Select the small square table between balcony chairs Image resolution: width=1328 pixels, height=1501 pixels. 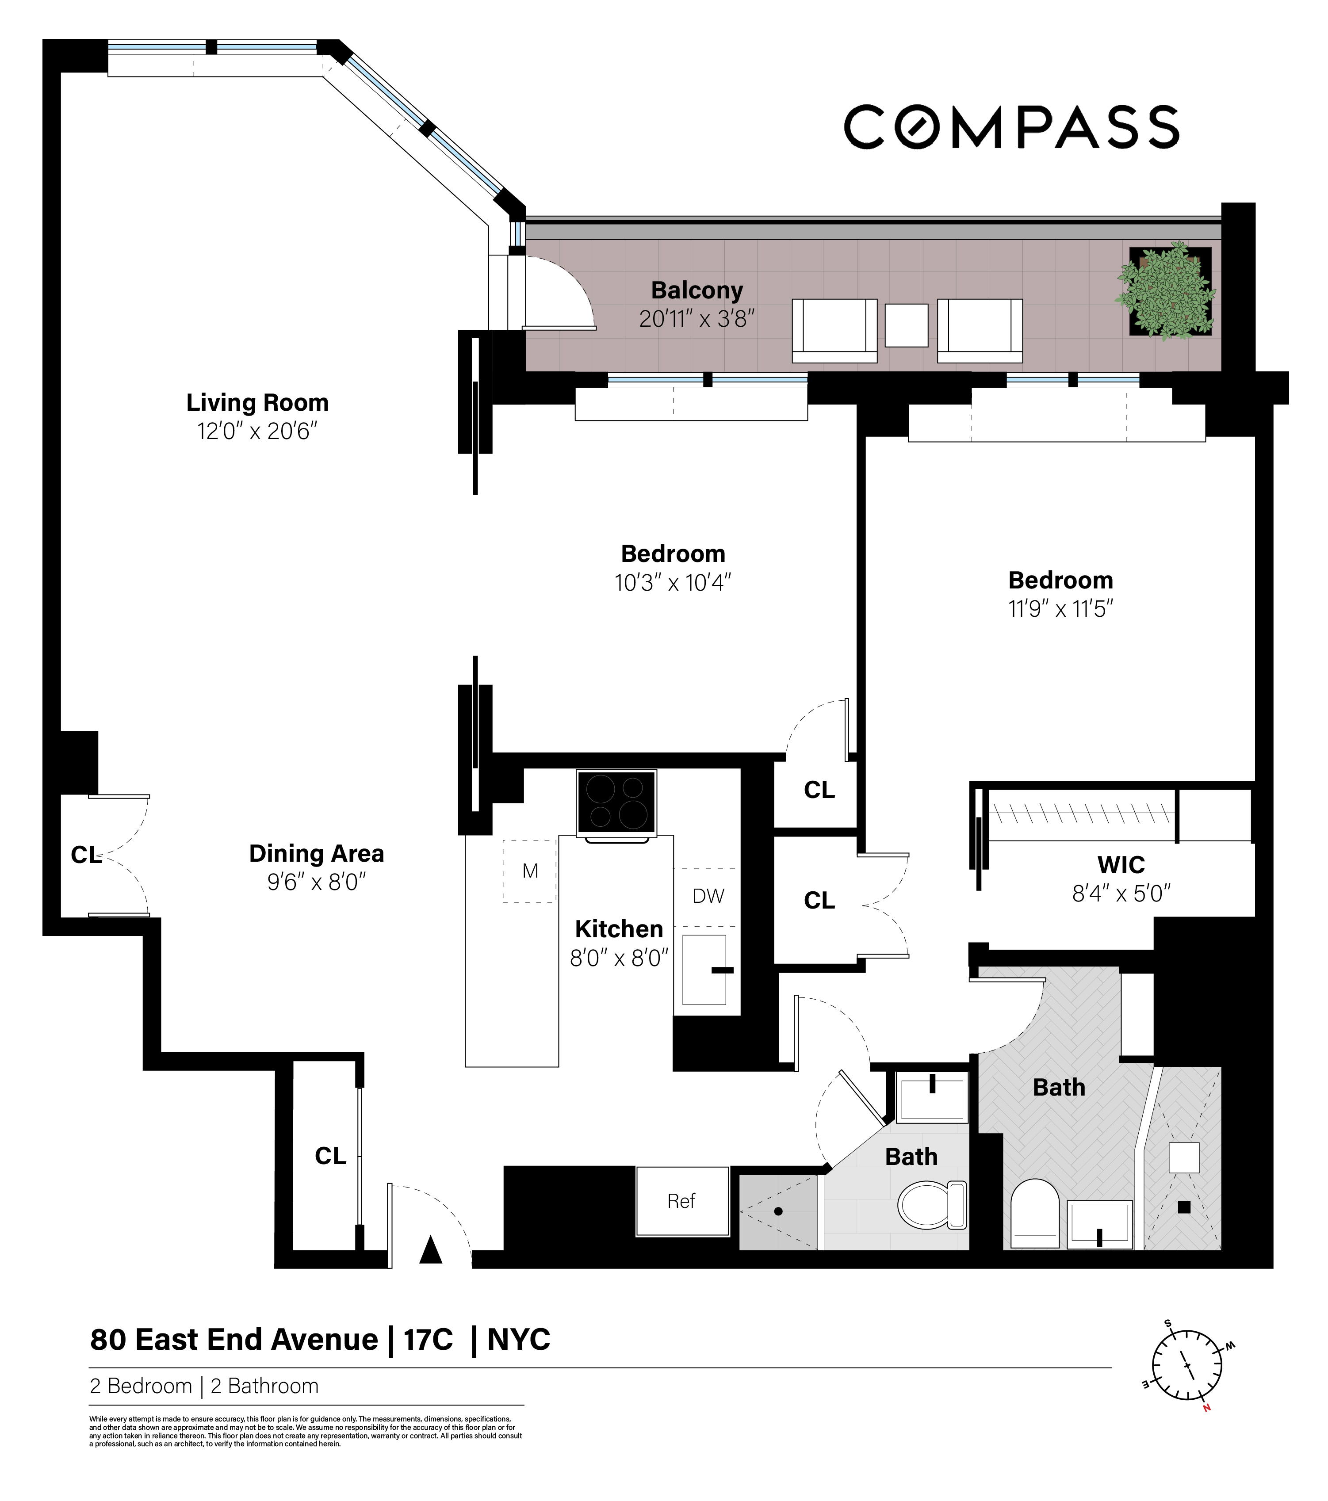coord(907,325)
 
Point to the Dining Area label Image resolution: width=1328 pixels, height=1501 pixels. coord(317,853)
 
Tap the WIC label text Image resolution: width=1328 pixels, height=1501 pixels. coord(1121,865)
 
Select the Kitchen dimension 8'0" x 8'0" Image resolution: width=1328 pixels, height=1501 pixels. coord(619,959)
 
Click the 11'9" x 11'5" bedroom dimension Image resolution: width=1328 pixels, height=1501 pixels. coord(1060,609)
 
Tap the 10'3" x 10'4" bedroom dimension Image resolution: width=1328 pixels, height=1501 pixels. coord(673,582)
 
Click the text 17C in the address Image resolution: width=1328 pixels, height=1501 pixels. coord(428,1340)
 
